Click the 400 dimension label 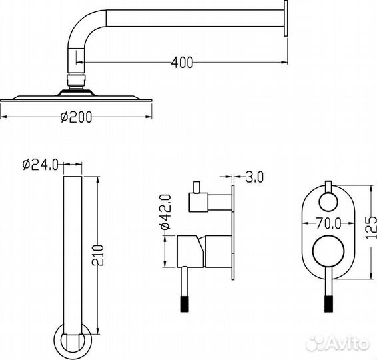click(182, 63)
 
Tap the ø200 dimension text click(76, 117)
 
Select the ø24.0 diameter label click(41, 165)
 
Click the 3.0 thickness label click(254, 177)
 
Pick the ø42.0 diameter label click(165, 212)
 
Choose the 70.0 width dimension click(328, 223)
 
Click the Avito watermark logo click(337, 343)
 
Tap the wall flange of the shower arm click(286, 18)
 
